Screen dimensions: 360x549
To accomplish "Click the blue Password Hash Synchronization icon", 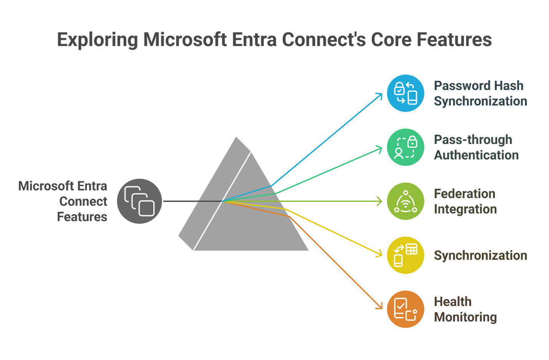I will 405,93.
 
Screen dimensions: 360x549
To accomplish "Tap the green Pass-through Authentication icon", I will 405,148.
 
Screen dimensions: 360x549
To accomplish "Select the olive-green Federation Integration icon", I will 405,201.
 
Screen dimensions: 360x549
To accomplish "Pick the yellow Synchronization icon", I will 405,255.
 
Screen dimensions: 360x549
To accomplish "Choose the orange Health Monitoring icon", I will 405,309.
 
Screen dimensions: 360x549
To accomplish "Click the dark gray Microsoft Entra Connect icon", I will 139,201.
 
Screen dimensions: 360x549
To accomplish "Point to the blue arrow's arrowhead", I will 380,95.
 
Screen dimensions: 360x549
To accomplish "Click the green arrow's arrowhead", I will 380,149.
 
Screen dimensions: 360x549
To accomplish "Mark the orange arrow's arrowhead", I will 380,307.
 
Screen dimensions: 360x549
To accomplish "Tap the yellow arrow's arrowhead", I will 380,254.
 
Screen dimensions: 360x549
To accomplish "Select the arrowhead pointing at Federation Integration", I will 380,201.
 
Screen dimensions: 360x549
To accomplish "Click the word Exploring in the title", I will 98,40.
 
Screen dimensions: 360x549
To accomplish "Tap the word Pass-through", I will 473,139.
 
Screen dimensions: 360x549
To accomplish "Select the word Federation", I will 465,194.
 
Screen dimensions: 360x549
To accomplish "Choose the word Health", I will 453,302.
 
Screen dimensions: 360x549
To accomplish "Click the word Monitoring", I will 465,317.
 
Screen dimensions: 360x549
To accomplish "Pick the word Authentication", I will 476,155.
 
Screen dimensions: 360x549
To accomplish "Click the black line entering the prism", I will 192,201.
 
